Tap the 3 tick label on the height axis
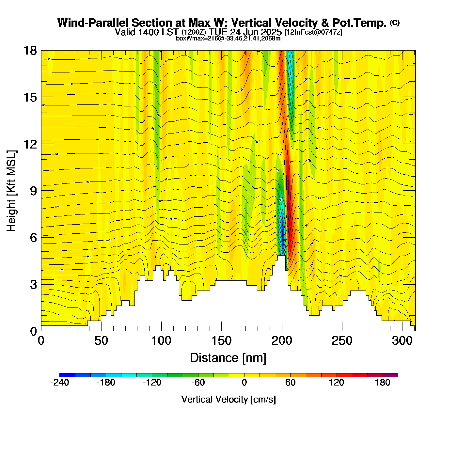pyautogui.click(x=33, y=285)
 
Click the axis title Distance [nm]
pyautogui.click(x=228, y=358)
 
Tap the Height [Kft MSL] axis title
pyautogui.click(x=11, y=191)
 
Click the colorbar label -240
pyautogui.click(x=60, y=383)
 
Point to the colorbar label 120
pyautogui.click(x=337, y=383)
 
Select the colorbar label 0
pyautogui.click(x=244, y=383)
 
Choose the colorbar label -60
pyautogui.click(x=198, y=383)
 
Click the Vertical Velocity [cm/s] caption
pyautogui.click(x=228, y=400)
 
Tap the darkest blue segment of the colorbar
pyautogui.click(x=67, y=375)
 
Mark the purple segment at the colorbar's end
pyautogui.click(x=390, y=375)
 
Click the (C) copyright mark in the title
pyautogui.click(x=395, y=23)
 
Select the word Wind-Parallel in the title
pyautogui.click(x=93, y=23)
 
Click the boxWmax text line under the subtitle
pyautogui.click(x=228, y=39)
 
